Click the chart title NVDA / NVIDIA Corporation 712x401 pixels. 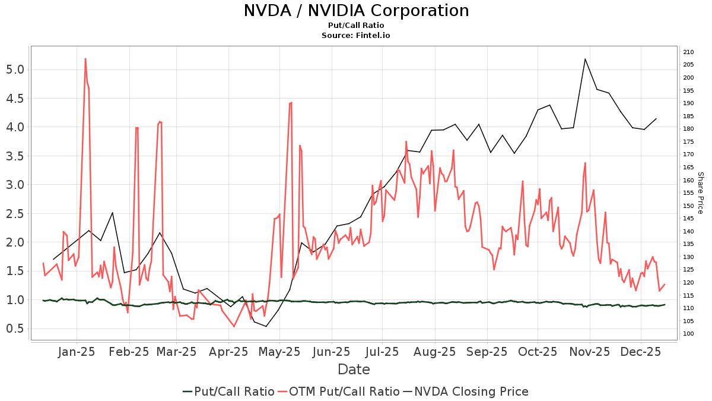[x=356, y=11]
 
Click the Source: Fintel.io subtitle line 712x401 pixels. [x=356, y=35]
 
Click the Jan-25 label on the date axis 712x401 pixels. [x=77, y=351]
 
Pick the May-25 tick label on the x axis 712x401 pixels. [x=281, y=351]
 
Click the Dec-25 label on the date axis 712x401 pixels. [x=641, y=351]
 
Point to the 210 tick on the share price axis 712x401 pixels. [x=688, y=52]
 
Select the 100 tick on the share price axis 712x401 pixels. [x=688, y=334]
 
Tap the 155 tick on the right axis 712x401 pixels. [x=688, y=193]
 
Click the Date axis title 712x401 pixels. [x=354, y=370]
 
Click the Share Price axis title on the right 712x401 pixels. [x=700, y=193]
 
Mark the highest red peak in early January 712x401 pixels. [x=85, y=59]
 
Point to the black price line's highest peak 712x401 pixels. [x=585, y=59]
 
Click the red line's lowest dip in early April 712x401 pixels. [x=234, y=326]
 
